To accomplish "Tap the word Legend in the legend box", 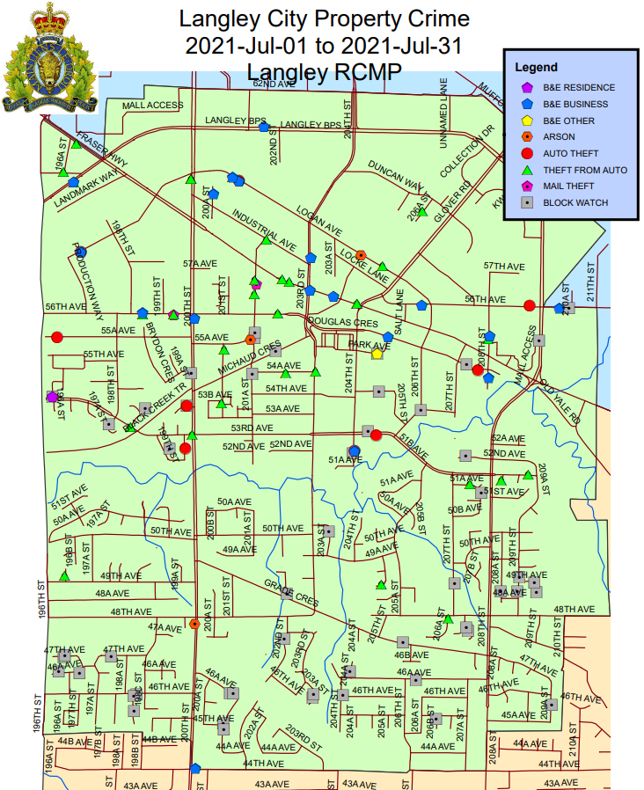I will (536, 67).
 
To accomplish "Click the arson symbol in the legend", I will (527, 136).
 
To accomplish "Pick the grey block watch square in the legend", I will (527, 202).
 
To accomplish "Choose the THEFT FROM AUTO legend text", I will (585, 170).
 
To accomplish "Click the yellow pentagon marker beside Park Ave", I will (377, 354).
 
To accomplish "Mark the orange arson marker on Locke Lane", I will (360, 255).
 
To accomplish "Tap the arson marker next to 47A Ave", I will (194, 624).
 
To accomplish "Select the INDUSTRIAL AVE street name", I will (264, 227).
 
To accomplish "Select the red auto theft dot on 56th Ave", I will (529, 305).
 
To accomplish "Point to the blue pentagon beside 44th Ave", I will (195, 768).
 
